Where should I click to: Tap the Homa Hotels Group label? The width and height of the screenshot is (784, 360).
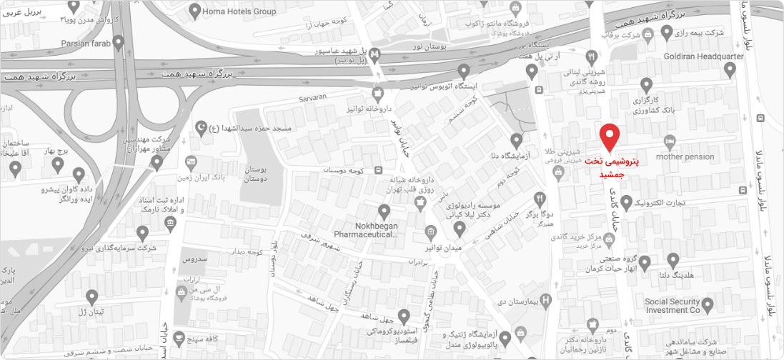pos(240,11)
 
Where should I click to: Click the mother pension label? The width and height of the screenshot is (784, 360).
pos(685,157)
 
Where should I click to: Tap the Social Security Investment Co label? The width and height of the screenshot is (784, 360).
pos(673,306)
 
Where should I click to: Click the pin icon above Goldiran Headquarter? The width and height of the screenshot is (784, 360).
pos(730,69)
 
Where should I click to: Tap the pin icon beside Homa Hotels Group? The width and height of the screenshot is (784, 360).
pos(194,11)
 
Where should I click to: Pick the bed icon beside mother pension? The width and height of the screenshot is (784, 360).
pos(670,140)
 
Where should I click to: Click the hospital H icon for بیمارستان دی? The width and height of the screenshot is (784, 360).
pos(547,300)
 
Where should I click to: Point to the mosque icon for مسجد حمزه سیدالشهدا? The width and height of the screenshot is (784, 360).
pos(202,127)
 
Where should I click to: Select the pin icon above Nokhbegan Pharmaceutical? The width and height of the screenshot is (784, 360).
pos(384,211)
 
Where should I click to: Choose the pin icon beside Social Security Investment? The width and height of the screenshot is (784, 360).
pos(708,305)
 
